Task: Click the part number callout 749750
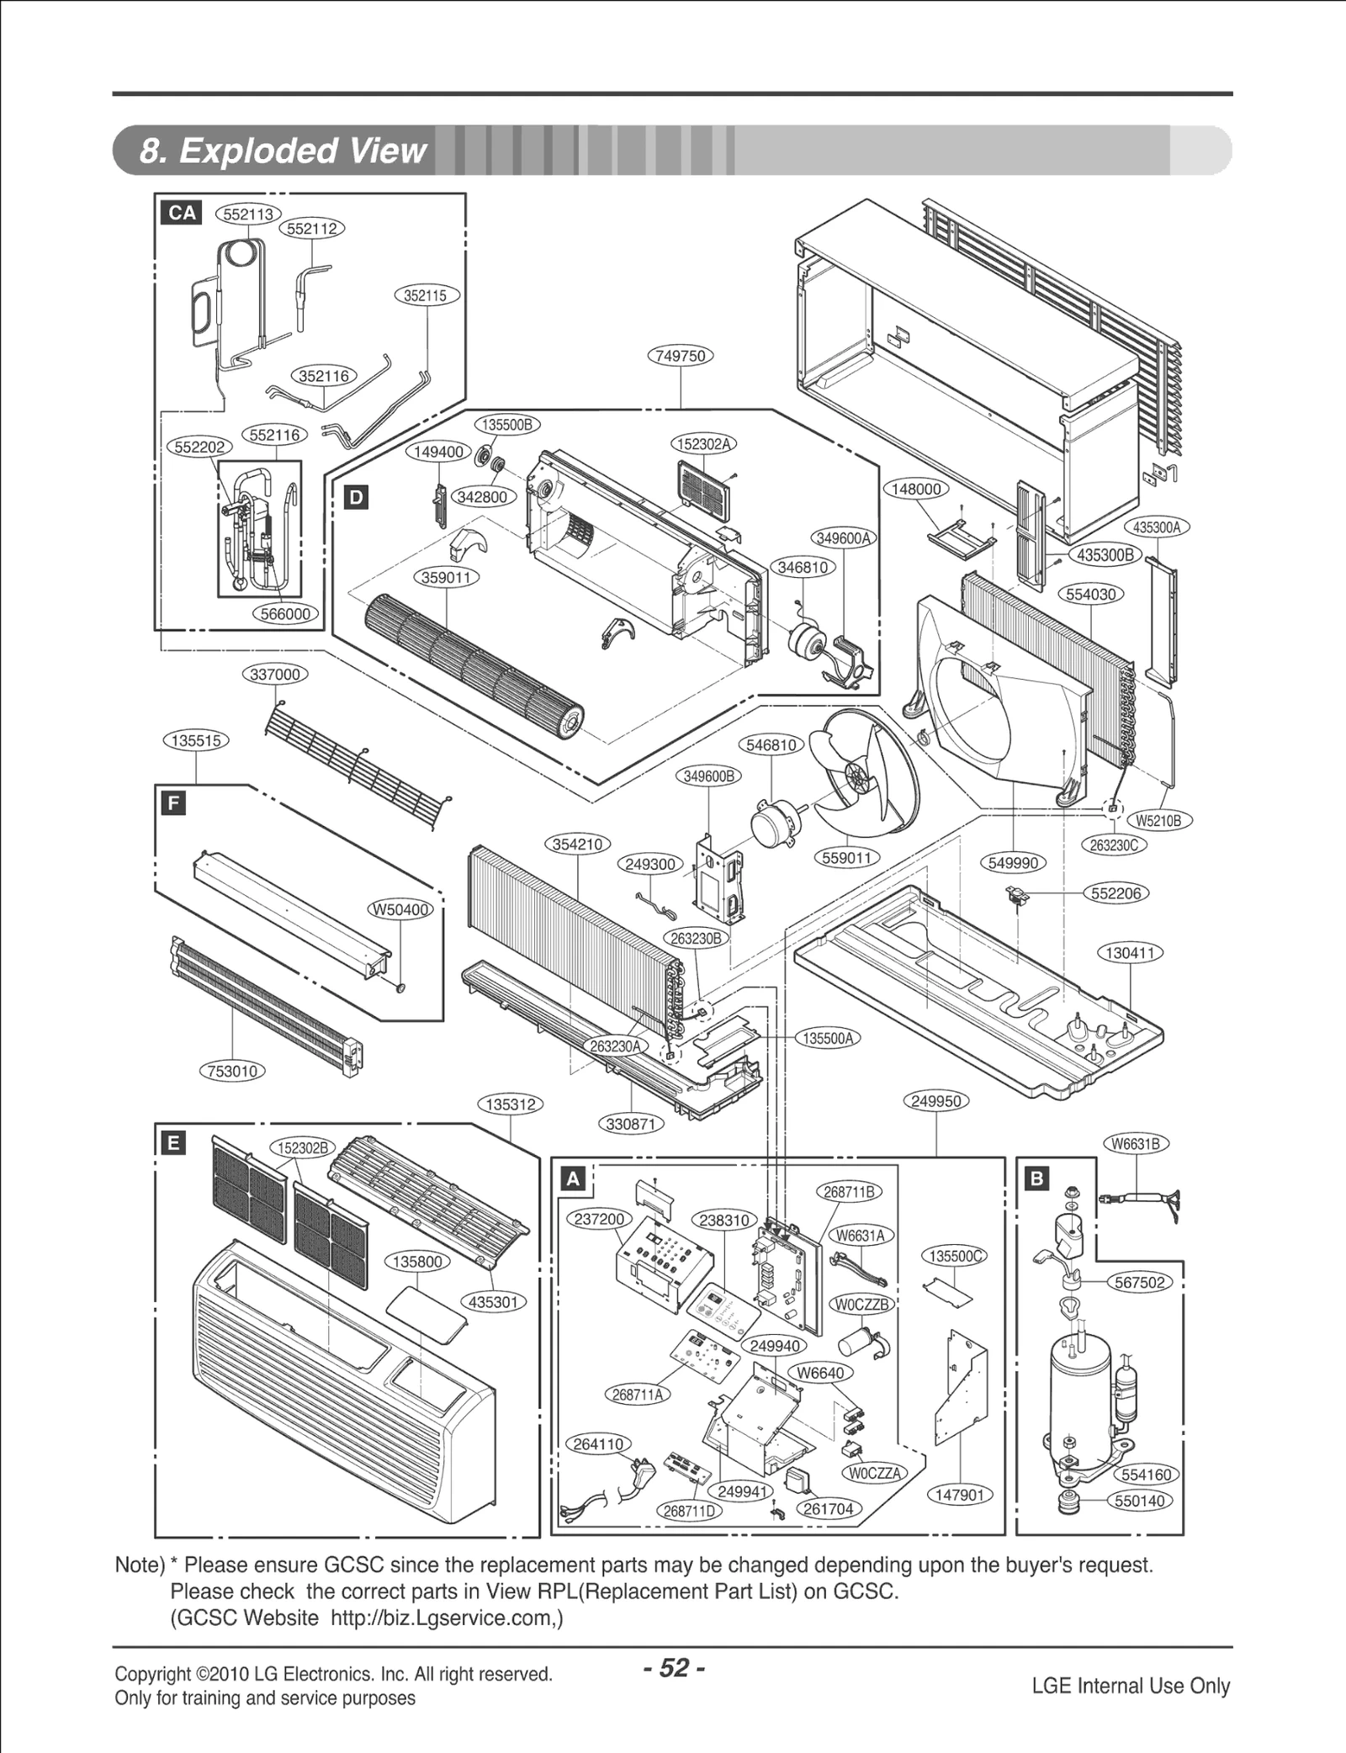680,356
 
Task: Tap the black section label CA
183,214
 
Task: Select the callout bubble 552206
1115,893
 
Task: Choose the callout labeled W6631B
1136,1144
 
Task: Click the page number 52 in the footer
674,1667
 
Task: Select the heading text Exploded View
284,151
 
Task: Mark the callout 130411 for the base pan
1131,953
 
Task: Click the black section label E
173,1142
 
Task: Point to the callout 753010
232,1071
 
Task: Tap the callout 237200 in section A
599,1220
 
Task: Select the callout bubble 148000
915,490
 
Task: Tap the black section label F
173,803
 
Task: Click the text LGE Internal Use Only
1131,1686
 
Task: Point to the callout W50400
401,910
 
